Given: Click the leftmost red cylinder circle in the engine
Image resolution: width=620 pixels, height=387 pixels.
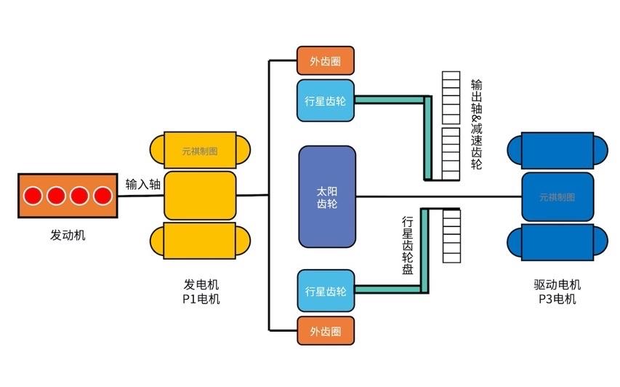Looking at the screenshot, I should point(32,196).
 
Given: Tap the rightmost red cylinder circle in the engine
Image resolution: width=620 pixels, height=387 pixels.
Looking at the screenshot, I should point(102,196).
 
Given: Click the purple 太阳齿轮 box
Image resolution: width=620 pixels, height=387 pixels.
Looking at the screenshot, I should point(327,196).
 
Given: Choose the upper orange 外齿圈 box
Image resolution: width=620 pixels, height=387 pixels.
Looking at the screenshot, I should point(326,61).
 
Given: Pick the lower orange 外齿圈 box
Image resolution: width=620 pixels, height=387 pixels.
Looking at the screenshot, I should point(326,331).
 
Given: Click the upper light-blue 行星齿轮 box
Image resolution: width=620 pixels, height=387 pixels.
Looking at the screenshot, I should point(326,100).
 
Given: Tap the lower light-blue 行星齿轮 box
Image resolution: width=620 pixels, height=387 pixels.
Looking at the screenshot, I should point(326,291).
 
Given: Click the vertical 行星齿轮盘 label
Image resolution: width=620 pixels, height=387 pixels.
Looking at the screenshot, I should point(408,245).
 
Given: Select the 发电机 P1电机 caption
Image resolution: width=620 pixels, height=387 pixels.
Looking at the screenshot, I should point(201,291).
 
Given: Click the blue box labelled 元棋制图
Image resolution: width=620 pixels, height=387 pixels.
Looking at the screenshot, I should point(557,196).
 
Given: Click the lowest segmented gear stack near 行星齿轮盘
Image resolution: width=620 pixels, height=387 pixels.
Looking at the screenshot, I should point(451,235).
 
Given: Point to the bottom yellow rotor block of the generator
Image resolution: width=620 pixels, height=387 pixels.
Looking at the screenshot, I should point(200,241).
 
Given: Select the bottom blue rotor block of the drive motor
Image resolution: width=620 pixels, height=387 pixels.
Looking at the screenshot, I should point(557,242).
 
